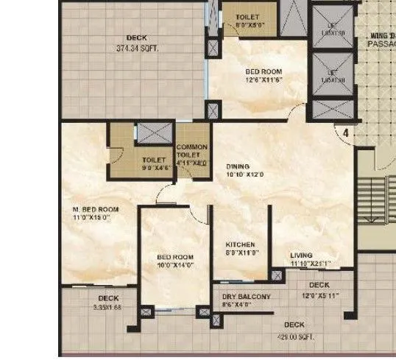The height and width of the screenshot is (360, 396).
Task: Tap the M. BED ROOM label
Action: coord(96,209)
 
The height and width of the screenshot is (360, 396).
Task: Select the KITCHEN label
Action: coord(240,244)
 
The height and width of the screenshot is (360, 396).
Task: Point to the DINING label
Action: coord(238,166)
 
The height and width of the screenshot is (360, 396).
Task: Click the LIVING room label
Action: coord(301,255)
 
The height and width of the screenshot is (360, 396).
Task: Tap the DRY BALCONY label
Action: coord(246,297)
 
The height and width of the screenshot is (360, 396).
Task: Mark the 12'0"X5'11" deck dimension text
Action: coord(320,294)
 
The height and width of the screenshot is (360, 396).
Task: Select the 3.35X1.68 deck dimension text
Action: coord(109,307)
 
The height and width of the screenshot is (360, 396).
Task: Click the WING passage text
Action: coord(382,35)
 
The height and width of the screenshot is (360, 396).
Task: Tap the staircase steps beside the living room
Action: coord(376,199)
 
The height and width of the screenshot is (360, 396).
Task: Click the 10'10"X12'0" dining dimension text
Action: coord(245,175)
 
